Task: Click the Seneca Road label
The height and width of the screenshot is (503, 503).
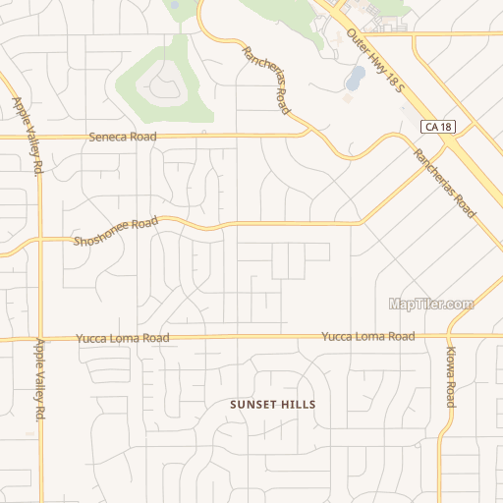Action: [122, 137]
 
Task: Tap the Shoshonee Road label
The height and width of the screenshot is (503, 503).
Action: [116, 232]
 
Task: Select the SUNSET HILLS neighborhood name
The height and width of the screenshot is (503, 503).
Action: [275, 404]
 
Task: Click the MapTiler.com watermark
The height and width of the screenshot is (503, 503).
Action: [431, 305]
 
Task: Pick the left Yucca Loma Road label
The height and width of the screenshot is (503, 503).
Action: [122, 338]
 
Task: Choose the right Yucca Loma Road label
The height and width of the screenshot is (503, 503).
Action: [367, 337]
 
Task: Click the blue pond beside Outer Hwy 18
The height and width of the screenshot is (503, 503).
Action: [356, 75]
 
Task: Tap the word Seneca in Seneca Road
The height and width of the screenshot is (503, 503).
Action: [108, 137]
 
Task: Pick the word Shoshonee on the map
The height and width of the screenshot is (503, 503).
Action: [102, 236]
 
